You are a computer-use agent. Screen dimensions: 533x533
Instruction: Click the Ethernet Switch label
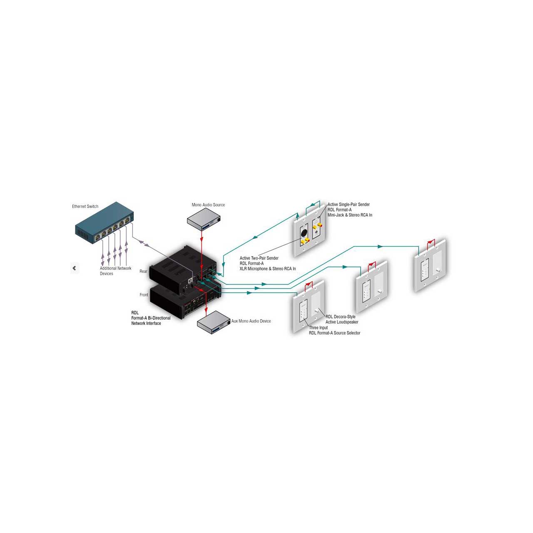pos(85,207)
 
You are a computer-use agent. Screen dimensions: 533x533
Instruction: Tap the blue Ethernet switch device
pos(105,223)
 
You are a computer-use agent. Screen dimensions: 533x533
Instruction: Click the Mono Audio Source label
pos(208,205)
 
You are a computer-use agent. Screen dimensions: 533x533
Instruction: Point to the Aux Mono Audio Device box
pos(214,323)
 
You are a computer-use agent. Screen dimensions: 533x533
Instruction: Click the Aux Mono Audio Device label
pos(251,321)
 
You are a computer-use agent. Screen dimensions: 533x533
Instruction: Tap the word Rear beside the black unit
pos(143,271)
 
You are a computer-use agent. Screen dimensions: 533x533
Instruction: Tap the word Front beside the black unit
pos(144,295)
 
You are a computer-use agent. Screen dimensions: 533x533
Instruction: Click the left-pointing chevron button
pos(75,268)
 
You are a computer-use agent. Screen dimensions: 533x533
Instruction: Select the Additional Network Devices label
pos(115,271)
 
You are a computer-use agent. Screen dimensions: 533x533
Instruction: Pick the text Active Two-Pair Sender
pos(259,258)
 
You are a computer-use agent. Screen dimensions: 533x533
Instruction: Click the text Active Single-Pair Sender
pos(349,204)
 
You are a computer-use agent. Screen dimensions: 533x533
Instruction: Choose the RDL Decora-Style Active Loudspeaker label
pos(342,319)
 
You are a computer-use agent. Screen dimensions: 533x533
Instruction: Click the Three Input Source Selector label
pos(335,330)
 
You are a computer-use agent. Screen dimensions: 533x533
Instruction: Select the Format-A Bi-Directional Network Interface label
pos(151,318)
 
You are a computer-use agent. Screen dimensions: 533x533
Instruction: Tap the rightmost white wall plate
pos(430,265)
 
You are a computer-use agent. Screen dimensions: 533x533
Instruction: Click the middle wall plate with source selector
pos(371,286)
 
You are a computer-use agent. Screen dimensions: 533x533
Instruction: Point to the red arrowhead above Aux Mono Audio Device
pos(206,310)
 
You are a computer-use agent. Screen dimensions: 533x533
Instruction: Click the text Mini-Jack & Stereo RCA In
pos(350,215)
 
